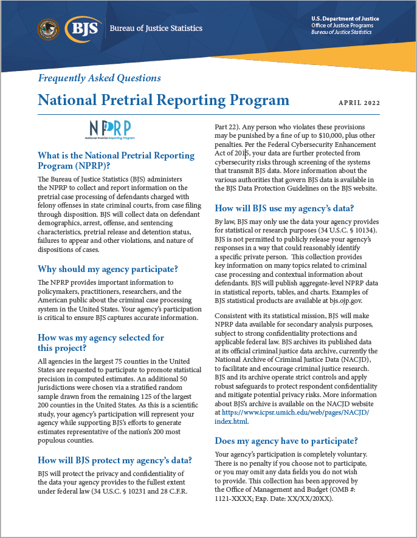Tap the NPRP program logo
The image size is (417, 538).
coord(112,129)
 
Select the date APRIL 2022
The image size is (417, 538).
coord(359,103)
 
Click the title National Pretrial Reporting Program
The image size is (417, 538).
coord(163,100)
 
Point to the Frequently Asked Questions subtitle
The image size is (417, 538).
coord(99,78)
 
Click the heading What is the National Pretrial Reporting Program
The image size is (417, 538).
coord(115,162)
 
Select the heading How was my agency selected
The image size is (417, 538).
coord(100,342)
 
